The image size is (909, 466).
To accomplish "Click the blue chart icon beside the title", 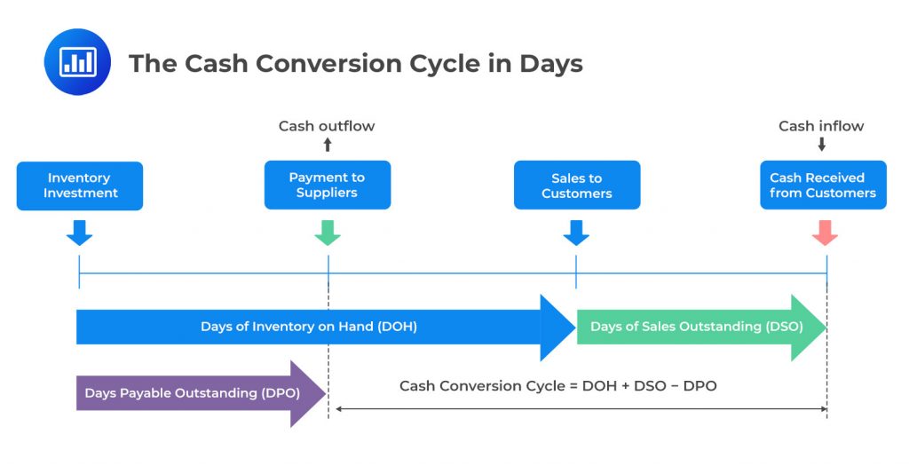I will point(77,61).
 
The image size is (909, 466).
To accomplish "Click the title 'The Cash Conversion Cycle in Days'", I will point(355,63).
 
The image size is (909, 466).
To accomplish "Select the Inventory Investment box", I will point(80,185).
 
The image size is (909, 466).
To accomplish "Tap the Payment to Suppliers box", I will point(327,185).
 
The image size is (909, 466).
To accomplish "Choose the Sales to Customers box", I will point(576,185).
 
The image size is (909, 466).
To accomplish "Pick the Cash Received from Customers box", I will point(823,185).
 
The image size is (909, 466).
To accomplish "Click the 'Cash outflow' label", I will point(327,126).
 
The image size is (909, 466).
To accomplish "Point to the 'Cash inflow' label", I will point(821,126).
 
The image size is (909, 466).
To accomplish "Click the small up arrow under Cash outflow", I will point(327,145).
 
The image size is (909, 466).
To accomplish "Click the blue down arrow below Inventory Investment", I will point(79,233).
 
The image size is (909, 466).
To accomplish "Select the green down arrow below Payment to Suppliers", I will point(328,233).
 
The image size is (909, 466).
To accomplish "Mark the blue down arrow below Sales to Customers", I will point(576,233).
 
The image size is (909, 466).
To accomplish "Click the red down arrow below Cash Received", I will point(826,233).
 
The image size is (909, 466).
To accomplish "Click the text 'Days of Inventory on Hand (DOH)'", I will point(308,327).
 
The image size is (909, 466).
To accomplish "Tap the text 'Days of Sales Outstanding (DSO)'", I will point(696,327).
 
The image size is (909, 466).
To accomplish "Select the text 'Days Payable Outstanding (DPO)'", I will point(192,393).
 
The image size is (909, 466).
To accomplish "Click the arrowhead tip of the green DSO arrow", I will point(825,327).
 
